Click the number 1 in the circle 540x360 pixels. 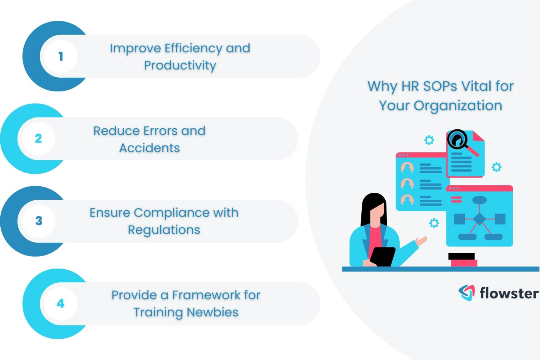(60, 56)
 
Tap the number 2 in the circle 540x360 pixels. (38, 139)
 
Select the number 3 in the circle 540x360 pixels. (39, 221)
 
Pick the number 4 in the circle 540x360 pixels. (60, 303)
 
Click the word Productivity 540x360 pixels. (180, 65)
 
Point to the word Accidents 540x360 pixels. (149, 148)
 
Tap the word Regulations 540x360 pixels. (164, 230)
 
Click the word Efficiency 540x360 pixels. (193, 49)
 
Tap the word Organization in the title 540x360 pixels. (458, 106)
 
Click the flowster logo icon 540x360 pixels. (467, 292)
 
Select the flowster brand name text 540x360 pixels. (509, 293)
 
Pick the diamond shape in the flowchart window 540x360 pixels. (480, 219)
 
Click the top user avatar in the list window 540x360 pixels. (407, 168)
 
